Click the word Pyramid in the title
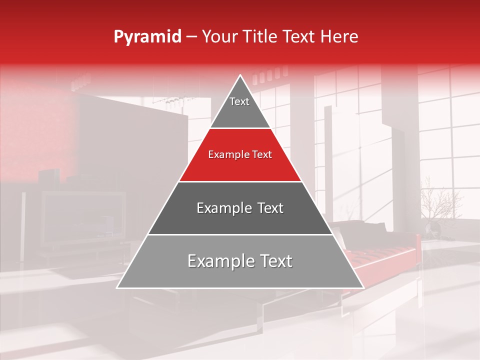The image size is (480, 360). [x=147, y=37]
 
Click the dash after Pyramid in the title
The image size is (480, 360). [x=191, y=37]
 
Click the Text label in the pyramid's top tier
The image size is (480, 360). [x=239, y=102]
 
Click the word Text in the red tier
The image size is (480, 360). [x=262, y=155]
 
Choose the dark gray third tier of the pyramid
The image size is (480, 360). [x=240, y=220]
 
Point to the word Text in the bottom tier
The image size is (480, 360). [x=274, y=261]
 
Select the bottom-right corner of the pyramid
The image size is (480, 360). [x=363, y=287]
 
